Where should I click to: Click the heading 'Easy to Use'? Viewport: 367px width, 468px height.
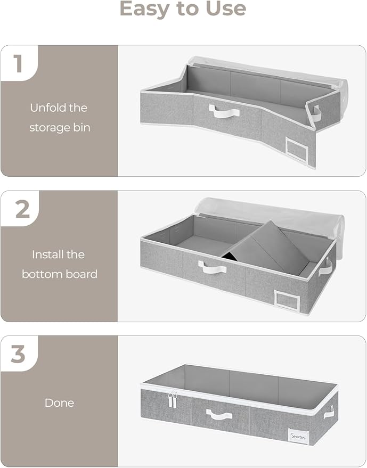[183, 9]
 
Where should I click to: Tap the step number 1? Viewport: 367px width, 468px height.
[18, 63]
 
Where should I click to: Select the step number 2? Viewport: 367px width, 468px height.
[22, 209]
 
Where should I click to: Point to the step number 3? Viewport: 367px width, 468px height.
[19, 355]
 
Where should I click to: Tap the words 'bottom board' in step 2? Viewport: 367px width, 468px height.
[59, 274]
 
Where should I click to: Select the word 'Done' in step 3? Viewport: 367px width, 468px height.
[59, 403]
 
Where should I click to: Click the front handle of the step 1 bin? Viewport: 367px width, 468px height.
[219, 111]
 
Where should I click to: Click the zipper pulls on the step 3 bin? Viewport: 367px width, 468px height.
[173, 399]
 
